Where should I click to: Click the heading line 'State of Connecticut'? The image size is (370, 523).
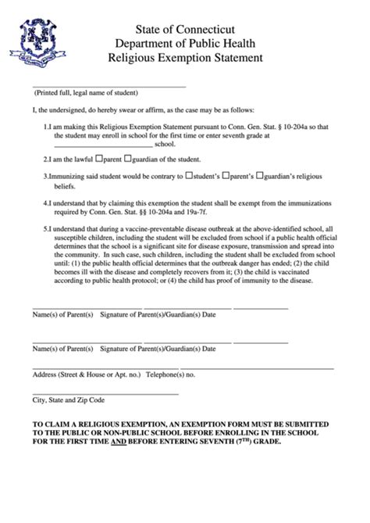184,30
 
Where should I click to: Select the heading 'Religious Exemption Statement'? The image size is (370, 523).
184,57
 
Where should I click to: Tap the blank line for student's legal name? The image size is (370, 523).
109,85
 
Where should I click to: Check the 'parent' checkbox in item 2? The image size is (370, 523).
108,158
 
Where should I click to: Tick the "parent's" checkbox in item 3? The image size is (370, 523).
226,177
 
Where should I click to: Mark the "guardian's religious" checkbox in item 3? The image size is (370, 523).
262,177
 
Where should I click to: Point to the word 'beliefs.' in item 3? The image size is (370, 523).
66,188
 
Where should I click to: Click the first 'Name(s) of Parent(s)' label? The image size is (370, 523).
62,315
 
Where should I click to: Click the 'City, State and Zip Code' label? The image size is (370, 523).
68,400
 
